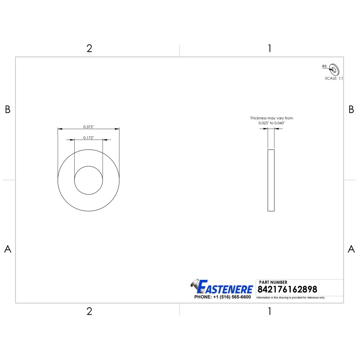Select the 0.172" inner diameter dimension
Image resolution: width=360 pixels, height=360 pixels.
click(x=88, y=138)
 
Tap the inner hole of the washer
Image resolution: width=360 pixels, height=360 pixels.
click(x=88, y=180)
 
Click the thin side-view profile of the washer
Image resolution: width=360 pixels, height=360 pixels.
click(x=271, y=180)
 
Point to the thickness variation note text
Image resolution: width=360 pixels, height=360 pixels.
click(x=268, y=120)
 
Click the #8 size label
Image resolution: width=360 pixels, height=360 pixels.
click(x=324, y=66)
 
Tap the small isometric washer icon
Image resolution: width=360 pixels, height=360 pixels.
click(x=334, y=69)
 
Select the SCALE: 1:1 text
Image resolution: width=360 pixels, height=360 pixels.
click(x=334, y=78)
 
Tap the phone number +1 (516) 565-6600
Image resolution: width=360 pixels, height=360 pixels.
click(x=222, y=297)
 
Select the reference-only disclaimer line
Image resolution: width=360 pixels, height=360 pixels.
click(x=291, y=298)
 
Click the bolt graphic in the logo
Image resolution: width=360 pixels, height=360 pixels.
click(x=195, y=284)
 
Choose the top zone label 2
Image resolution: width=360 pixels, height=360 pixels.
click(x=89, y=49)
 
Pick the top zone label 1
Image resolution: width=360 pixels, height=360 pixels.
click(x=269, y=49)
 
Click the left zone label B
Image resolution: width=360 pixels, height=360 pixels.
click(x=7, y=109)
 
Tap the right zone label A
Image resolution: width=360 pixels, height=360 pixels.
click(x=351, y=249)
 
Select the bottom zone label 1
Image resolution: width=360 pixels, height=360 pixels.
click(x=269, y=311)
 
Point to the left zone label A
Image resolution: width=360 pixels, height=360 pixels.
click(x=7, y=249)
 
